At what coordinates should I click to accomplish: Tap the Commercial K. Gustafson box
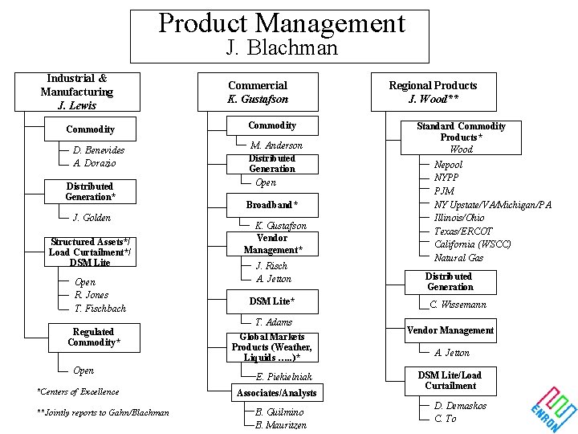pos(258,92)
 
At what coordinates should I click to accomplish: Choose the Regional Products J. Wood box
pos(433,92)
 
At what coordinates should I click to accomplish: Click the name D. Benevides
pos(99,150)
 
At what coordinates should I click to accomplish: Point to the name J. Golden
pos(92,218)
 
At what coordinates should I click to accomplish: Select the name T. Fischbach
pos(100,309)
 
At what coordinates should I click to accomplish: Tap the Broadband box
pos(272,205)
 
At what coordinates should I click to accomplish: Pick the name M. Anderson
pos(276,145)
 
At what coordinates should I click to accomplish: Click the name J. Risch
pos(271,266)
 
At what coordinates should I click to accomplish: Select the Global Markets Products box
pos(271,347)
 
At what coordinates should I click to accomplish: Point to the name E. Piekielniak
pos(283,376)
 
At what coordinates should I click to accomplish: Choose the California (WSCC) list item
pos(472,244)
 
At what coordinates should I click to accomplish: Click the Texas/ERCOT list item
pos(465,231)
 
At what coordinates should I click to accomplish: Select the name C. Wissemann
pos(458,305)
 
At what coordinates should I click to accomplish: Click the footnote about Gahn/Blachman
pos(103,412)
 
